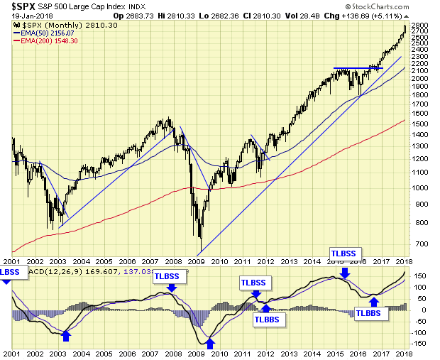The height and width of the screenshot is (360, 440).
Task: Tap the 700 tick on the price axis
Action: click(420, 244)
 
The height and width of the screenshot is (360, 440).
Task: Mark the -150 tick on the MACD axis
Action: click(419, 344)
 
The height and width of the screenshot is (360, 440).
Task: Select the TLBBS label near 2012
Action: click(270, 320)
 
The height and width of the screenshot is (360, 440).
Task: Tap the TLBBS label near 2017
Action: click(373, 312)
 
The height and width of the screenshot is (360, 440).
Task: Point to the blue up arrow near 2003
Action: click(67, 334)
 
